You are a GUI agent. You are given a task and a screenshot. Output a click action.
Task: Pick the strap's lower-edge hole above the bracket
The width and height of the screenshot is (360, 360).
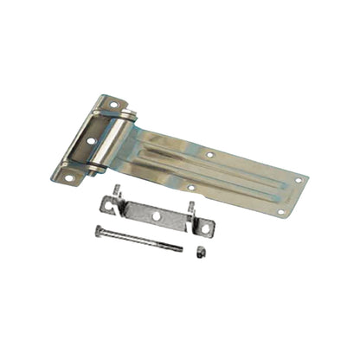coord(191,186)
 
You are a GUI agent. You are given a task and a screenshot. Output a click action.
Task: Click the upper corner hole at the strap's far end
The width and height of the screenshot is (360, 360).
coord(299,180)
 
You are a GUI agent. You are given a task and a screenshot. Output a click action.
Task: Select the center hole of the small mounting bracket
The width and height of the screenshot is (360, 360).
coord(156,215)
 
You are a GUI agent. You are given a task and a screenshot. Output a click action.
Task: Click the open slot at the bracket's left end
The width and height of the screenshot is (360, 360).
coord(106,204)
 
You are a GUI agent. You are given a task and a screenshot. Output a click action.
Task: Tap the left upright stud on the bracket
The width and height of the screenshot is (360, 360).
coord(116,190)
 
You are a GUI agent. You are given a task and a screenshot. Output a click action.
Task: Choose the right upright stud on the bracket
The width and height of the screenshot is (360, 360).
coord(191,208)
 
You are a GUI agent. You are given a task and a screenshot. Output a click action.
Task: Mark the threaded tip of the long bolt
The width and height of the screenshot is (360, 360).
coord(179,249)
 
